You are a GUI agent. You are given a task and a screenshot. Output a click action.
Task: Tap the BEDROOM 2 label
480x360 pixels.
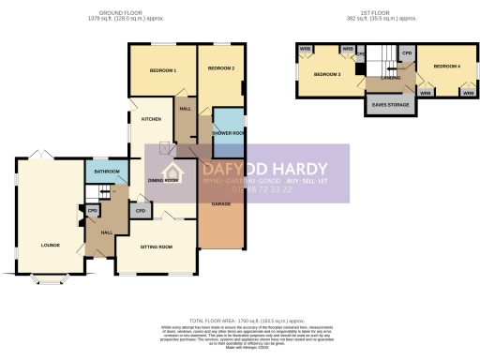[x=219, y=68]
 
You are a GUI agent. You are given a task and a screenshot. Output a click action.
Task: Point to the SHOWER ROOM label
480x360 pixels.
[x=227, y=133]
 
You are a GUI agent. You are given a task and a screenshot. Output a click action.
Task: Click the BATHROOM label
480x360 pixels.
[x=105, y=171]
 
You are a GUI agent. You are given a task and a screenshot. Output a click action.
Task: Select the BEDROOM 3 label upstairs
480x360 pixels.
[x=325, y=74]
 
